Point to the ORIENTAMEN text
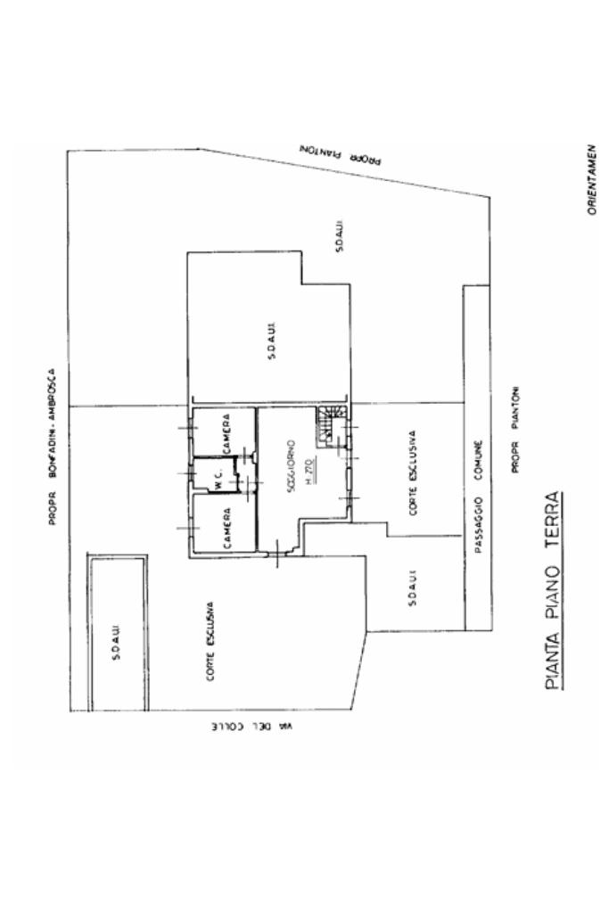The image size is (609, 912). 591,178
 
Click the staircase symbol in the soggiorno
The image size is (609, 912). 331,425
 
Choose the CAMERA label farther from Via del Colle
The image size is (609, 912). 227,434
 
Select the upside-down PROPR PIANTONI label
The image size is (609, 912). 341,155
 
